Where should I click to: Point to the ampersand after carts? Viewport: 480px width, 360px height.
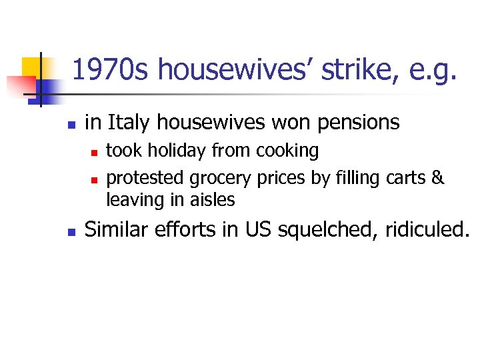click(438, 178)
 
